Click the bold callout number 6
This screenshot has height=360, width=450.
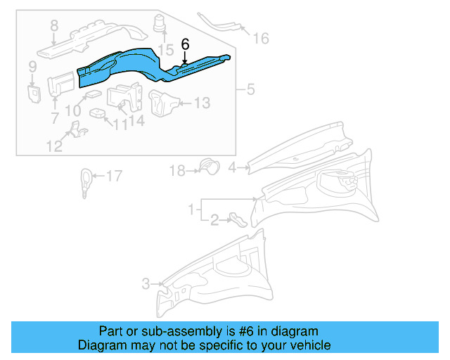(185, 44)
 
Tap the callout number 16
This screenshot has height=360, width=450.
(260, 39)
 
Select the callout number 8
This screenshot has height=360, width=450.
(53, 27)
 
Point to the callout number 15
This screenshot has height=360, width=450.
(165, 50)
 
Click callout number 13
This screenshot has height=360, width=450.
(201, 104)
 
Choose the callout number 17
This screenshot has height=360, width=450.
(113, 176)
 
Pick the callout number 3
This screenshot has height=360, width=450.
(146, 284)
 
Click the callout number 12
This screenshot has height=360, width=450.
(54, 146)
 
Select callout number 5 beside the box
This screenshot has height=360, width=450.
(251, 90)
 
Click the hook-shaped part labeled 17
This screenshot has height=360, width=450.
(84, 180)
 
